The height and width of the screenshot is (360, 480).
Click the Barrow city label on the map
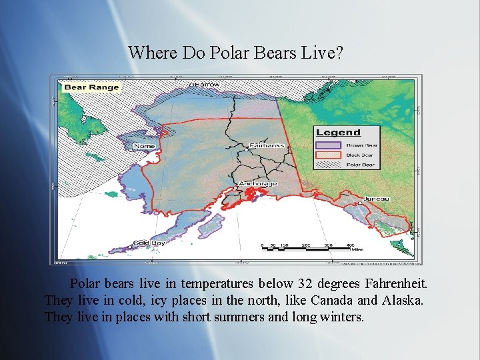pos(207,85)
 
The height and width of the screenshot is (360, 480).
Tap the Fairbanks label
pos(267,145)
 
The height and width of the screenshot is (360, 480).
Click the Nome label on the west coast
pos(145,146)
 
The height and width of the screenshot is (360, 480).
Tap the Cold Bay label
pos(149,243)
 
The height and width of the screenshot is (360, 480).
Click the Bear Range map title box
pos(91,87)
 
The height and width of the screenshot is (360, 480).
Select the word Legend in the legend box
pos(338,133)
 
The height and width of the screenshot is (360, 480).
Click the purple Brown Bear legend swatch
pos(329,144)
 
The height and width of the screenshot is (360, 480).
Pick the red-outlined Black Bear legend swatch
pos(329,155)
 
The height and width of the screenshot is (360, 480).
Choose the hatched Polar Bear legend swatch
pos(329,165)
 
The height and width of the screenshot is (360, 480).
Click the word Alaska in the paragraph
pos(402,301)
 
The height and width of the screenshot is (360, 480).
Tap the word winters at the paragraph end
pos(340,317)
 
